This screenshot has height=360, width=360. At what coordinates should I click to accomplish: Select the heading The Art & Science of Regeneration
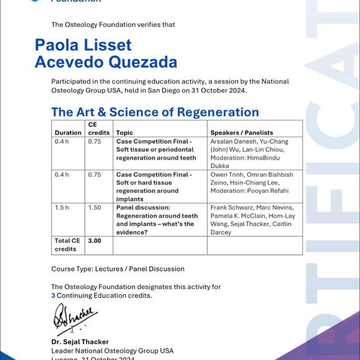pyautogui.click(x=155, y=111)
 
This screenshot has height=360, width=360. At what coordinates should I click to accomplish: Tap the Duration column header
pyautogui.click(x=68, y=133)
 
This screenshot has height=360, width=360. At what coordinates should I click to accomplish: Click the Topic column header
pyautogui.click(x=124, y=133)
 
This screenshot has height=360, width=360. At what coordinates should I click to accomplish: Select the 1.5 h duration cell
pyautogui.click(x=62, y=208)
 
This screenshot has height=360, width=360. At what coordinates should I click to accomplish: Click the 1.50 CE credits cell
pyautogui.click(x=94, y=208)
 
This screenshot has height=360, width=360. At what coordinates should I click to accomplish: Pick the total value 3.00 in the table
pyautogui.click(x=94, y=240)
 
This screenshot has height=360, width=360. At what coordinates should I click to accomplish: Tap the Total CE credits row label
pyautogui.click(x=67, y=245)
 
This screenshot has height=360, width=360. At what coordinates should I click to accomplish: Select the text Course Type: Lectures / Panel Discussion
pyautogui.click(x=118, y=269)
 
